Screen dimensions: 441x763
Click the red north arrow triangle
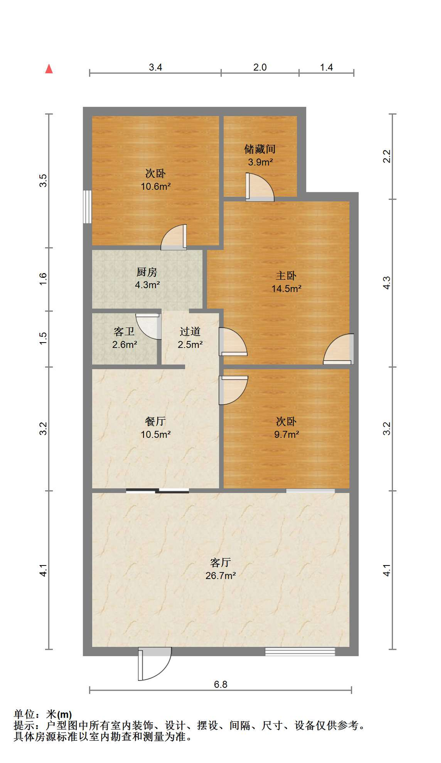point(49,69)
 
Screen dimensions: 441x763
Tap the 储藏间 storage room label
point(260,149)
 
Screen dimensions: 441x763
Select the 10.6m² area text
point(156,186)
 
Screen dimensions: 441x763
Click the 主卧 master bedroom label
point(286,275)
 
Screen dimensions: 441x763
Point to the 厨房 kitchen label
point(147,272)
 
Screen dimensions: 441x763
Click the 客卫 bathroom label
point(124,331)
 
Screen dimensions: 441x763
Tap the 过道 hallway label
point(190,331)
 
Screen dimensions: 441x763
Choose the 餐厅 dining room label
point(155,421)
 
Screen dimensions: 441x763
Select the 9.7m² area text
point(286,434)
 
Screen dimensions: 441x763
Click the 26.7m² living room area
point(221,575)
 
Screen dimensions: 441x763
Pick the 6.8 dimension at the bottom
point(220,684)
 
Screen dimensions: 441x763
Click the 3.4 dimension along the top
point(155,67)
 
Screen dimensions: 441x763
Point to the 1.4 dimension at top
point(327,67)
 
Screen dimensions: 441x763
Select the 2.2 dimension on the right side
point(387,156)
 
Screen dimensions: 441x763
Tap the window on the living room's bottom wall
point(300,651)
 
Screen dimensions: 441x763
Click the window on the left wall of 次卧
point(87,207)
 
